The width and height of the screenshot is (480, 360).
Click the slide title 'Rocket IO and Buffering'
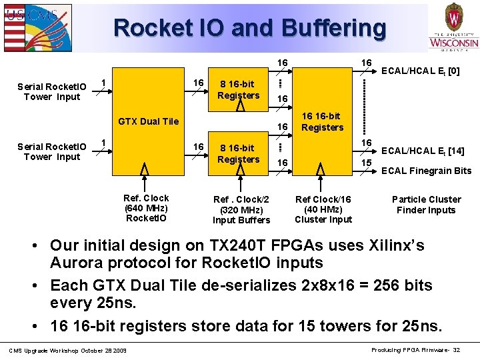tap(249, 28)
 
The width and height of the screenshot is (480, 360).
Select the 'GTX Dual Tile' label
tap(148, 121)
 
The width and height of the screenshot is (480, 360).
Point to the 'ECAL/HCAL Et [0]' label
tap(420, 71)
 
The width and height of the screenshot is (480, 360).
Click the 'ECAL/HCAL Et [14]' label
tap(423, 151)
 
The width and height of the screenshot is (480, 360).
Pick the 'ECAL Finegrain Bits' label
tap(426, 171)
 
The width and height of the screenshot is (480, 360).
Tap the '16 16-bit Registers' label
tap(322, 121)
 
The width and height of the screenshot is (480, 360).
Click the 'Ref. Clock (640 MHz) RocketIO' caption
tap(146, 208)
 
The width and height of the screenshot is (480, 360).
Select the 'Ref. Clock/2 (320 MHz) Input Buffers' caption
tap(241, 209)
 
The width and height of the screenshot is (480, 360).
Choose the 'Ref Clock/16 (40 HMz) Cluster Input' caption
tap(323, 209)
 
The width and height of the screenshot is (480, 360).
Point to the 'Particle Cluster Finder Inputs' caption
tap(426, 205)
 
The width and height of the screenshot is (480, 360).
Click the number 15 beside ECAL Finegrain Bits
tap(367, 163)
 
